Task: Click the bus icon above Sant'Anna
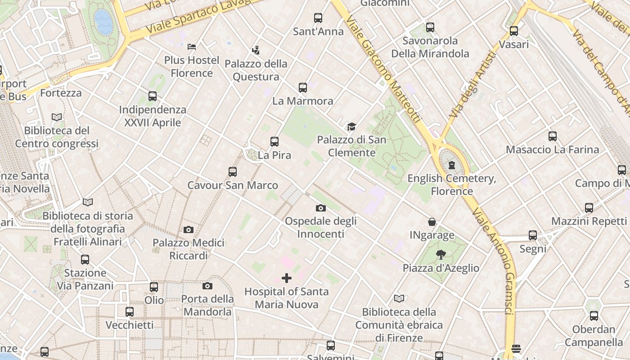coord(318,18)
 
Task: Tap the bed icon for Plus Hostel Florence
coord(192,46)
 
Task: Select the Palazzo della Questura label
coord(256,70)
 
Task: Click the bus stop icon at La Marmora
coord(303,88)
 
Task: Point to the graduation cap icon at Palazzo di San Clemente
coord(351,127)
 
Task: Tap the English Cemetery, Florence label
coord(452,184)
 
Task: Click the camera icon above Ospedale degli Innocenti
coord(320,208)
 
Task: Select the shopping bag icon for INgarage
coord(432,222)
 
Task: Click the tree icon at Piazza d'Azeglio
coord(441,255)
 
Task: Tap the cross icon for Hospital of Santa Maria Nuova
coord(286,278)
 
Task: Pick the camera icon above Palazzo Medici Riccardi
coord(189,229)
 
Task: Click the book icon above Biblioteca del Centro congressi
coord(57,117)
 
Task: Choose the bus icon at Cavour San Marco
coord(233,172)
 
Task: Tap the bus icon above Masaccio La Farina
coord(553,136)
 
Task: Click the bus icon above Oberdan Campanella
coord(594,316)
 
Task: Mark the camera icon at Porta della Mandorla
coord(207,286)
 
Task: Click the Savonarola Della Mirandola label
coord(430,47)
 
